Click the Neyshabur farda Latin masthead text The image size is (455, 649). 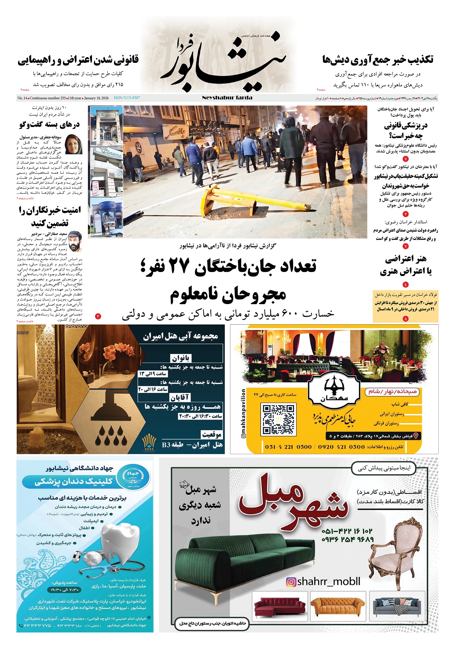click(227, 98)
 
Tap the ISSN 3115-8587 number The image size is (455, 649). click(127, 98)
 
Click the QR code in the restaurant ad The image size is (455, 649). click(278, 420)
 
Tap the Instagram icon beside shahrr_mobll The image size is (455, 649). click(291, 582)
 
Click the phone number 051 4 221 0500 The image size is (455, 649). click(289, 447)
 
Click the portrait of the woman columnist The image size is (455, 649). click(73, 144)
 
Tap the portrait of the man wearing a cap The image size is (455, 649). click(74, 240)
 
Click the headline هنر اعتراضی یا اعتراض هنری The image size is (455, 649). click(405, 265)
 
